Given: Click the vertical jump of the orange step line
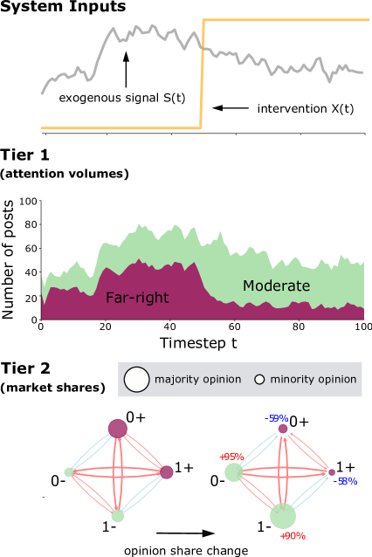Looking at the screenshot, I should click(x=203, y=74).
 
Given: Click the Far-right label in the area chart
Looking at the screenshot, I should click(x=137, y=298).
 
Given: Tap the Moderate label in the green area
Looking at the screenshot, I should click(x=276, y=285).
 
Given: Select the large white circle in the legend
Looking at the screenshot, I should click(x=137, y=380).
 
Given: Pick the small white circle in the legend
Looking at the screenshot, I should click(x=259, y=380).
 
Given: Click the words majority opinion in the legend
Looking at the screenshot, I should click(x=198, y=380).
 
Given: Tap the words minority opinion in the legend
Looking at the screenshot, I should click(x=313, y=380).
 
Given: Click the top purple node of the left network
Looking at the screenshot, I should click(x=118, y=429).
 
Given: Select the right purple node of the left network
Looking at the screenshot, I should click(x=167, y=472).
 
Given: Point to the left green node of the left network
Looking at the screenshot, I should click(x=69, y=472).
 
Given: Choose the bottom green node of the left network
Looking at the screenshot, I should click(x=118, y=516).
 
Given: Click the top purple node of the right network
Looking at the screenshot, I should click(x=283, y=429).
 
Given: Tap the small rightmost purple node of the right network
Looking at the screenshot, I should click(x=332, y=472).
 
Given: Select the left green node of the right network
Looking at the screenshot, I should click(x=233, y=472).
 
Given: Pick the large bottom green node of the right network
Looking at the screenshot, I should click(x=283, y=516).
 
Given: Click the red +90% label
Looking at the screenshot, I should click(x=293, y=536).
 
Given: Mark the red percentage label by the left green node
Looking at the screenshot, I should click(x=231, y=457).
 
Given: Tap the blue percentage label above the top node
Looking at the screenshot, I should click(x=278, y=419).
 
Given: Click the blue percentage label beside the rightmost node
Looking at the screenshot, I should click(x=348, y=481).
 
